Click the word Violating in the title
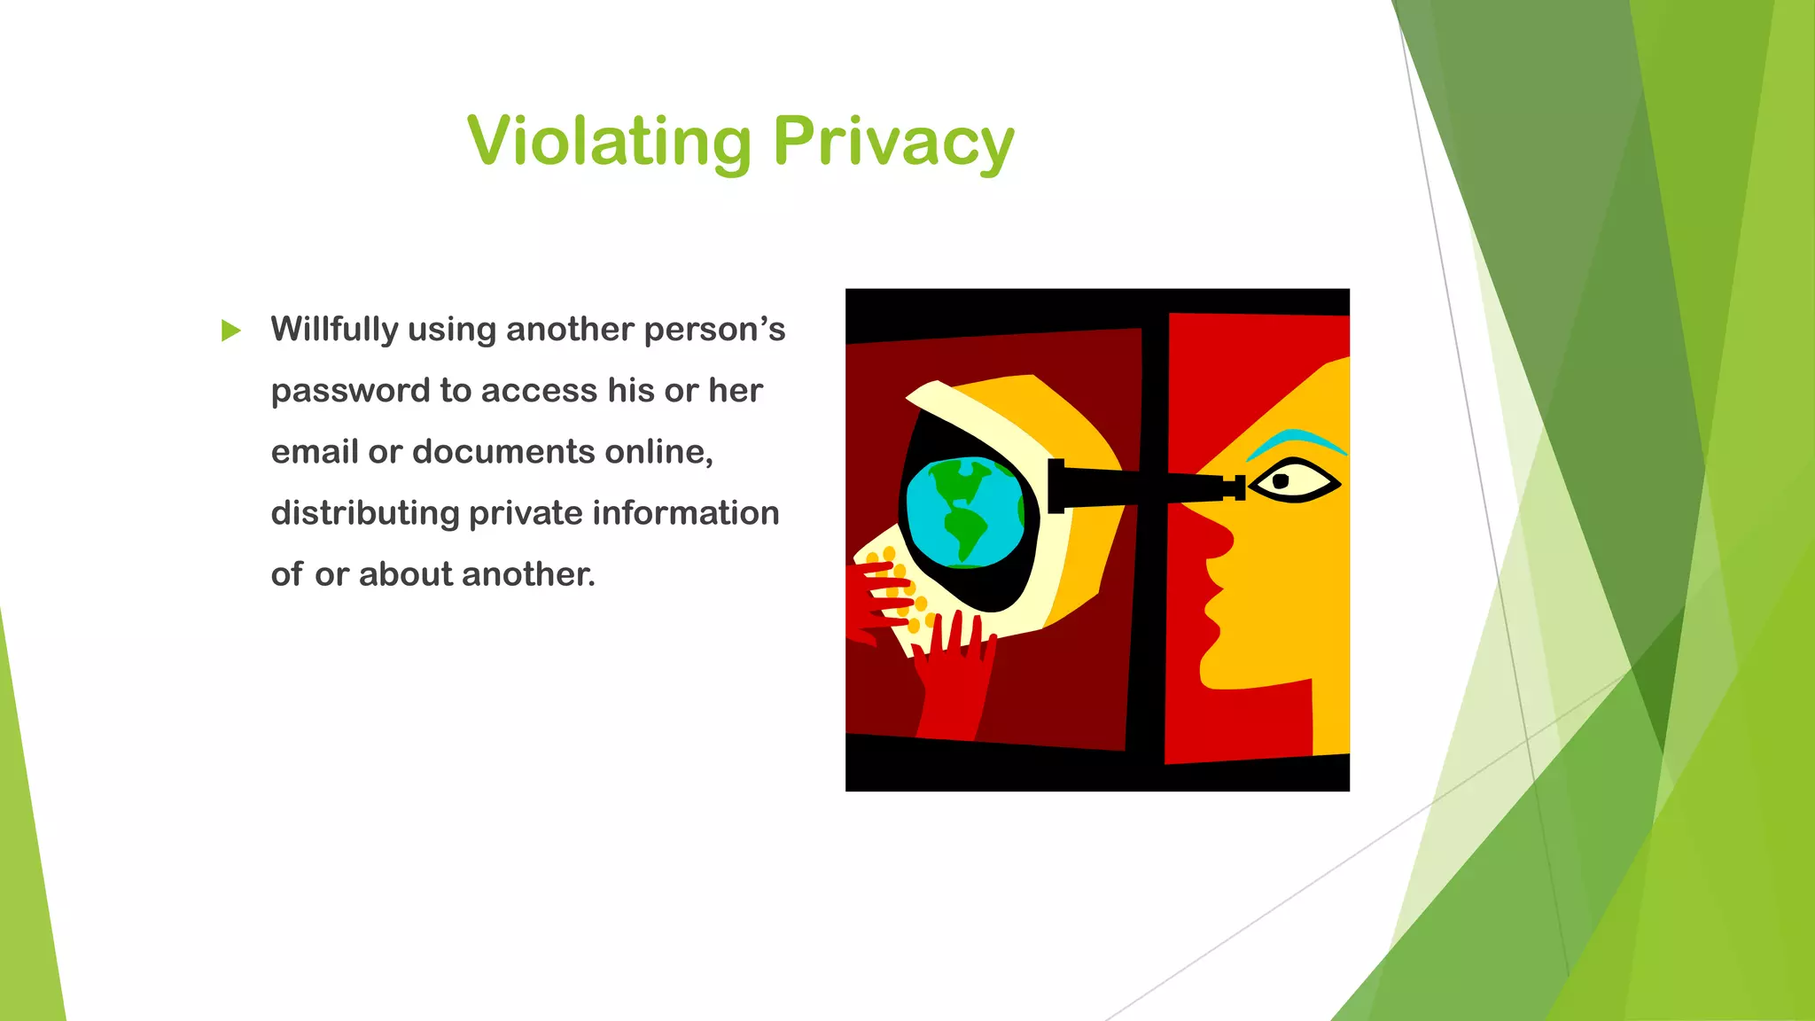(x=610, y=142)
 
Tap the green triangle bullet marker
(x=230, y=331)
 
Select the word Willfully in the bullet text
(x=334, y=330)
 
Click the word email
(x=314, y=452)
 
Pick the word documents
(x=503, y=452)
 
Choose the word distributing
(x=364, y=513)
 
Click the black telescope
(x=1143, y=486)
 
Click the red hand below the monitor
(x=953, y=674)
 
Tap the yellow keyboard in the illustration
(x=891, y=589)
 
